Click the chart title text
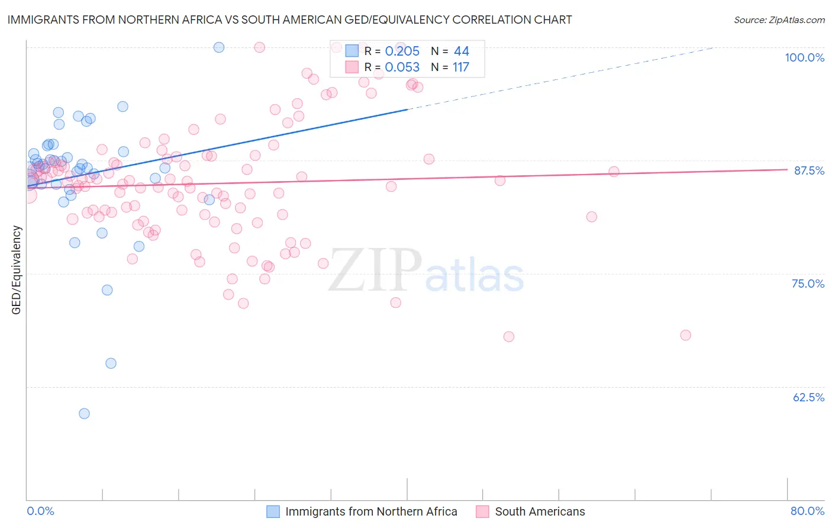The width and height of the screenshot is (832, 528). (289, 20)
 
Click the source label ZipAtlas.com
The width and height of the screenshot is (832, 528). (779, 20)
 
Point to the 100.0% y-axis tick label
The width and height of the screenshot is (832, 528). (804, 57)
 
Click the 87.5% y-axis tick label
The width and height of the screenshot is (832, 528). (809, 170)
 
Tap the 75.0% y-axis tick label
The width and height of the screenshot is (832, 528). (808, 284)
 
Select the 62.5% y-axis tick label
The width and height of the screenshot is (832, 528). (808, 397)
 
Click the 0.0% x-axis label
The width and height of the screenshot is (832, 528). (40, 511)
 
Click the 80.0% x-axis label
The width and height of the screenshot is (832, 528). (807, 511)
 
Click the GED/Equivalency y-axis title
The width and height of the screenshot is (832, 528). (17, 270)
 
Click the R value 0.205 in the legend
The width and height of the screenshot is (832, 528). (402, 51)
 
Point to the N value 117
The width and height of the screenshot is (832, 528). (460, 67)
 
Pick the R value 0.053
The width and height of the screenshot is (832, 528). (402, 67)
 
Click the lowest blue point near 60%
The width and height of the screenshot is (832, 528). (84, 414)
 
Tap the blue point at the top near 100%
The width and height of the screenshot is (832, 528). (219, 47)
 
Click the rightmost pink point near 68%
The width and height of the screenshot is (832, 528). (685, 335)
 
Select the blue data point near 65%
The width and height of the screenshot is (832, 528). (111, 363)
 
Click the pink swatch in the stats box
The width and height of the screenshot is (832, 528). (352, 67)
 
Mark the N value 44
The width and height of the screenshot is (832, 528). (461, 51)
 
